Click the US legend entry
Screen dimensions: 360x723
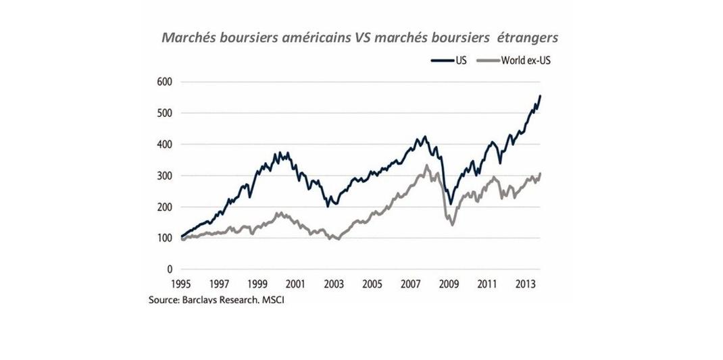(x=447, y=60)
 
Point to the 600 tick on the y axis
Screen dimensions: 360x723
(x=165, y=82)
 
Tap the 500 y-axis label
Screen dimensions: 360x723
(x=165, y=113)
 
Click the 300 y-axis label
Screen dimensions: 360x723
(x=165, y=176)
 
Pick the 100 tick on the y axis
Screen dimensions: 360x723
(x=165, y=238)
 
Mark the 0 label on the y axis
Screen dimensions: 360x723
(x=170, y=269)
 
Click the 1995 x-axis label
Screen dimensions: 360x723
(x=180, y=284)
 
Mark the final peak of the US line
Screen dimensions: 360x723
(x=540, y=96)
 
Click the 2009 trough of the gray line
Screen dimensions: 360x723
(x=451, y=224)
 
